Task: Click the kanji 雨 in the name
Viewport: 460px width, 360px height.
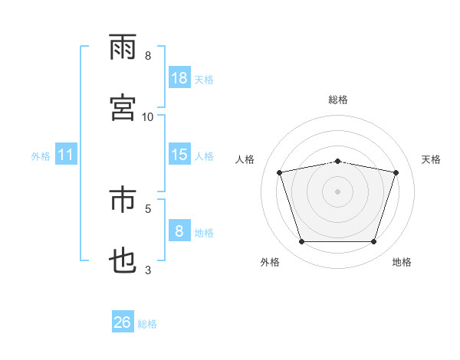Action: pyautogui.click(x=123, y=47)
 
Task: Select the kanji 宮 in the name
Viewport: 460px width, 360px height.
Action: pyautogui.click(x=123, y=107)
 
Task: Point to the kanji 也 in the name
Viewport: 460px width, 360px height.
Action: pyautogui.click(x=123, y=260)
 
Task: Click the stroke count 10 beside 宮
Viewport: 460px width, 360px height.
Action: pyautogui.click(x=147, y=117)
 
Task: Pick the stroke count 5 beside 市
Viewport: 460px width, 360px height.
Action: pyautogui.click(x=148, y=209)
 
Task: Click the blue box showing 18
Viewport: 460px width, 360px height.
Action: pyautogui.click(x=179, y=77)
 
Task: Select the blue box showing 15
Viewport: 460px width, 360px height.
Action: pyautogui.click(x=179, y=154)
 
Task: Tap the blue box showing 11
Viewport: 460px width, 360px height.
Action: pyautogui.click(x=66, y=154)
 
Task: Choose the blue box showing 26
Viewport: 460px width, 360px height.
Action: pyautogui.click(x=123, y=321)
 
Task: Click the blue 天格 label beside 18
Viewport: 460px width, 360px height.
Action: pyautogui.click(x=204, y=80)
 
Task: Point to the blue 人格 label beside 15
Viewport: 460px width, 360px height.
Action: pyautogui.click(x=204, y=156)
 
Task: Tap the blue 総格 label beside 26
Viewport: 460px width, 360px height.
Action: pyautogui.click(x=147, y=324)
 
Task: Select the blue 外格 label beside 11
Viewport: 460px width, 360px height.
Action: pyautogui.click(x=41, y=156)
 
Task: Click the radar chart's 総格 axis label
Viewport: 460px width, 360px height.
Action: pyautogui.click(x=338, y=100)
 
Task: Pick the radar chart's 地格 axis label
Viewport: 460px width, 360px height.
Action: pyautogui.click(x=402, y=262)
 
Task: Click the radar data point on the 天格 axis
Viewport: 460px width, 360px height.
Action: pyautogui.click(x=396, y=172)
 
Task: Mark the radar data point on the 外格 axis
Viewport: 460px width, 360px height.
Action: pyautogui.click(x=302, y=241)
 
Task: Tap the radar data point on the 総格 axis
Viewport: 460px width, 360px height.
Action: pyautogui.click(x=337, y=162)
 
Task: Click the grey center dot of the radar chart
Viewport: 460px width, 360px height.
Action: pyautogui.click(x=337, y=191)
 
